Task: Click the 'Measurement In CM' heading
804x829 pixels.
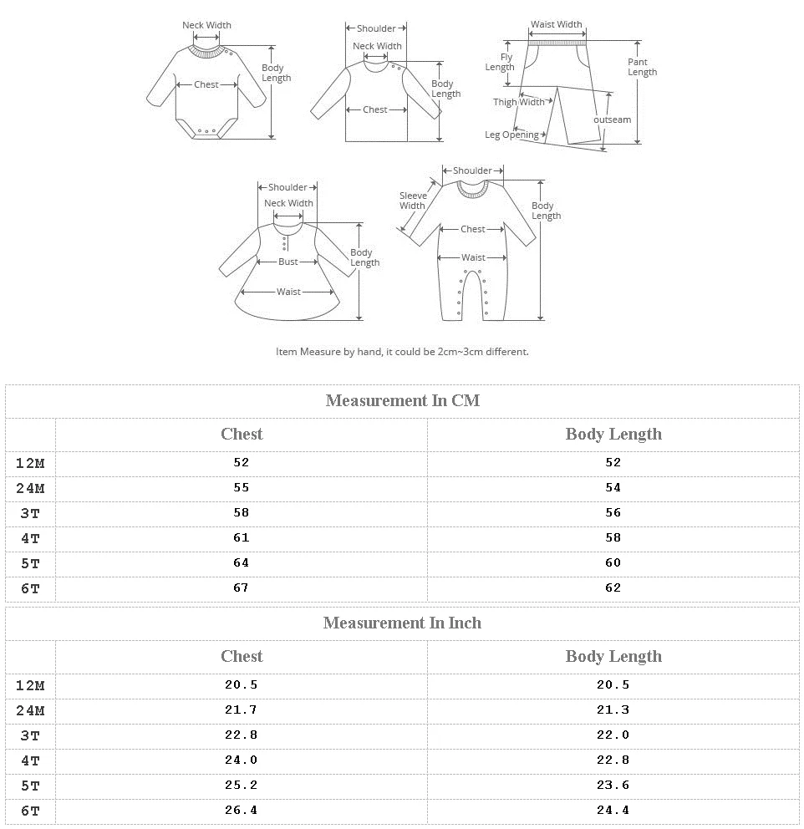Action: (402, 400)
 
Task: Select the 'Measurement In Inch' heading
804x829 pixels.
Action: (402, 623)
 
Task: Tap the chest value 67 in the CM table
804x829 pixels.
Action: (242, 587)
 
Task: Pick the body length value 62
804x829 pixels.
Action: (613, 587)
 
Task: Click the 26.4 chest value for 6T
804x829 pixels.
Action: (242, 810)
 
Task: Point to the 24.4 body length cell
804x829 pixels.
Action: (613, 810)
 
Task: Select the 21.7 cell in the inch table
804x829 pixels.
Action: (242, 709)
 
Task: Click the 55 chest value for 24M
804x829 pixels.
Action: (242, 487)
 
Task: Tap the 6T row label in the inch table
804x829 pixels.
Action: (30, 811)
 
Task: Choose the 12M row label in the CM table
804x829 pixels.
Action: (30, 463)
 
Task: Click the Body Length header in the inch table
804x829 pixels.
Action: (613, 656)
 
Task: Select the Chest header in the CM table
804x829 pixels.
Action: (242, 434)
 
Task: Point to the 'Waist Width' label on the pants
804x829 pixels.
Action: (557, 25)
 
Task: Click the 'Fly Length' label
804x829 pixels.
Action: (500, 63)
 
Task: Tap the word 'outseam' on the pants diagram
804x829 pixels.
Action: (612, 120)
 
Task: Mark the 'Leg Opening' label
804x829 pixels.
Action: (511, 135)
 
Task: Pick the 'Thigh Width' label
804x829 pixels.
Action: (518, 102)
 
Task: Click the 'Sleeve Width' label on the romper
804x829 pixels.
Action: (412, 201)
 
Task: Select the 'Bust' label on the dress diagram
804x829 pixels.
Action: (288, 262)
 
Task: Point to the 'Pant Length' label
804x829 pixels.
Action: (642, 67)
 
